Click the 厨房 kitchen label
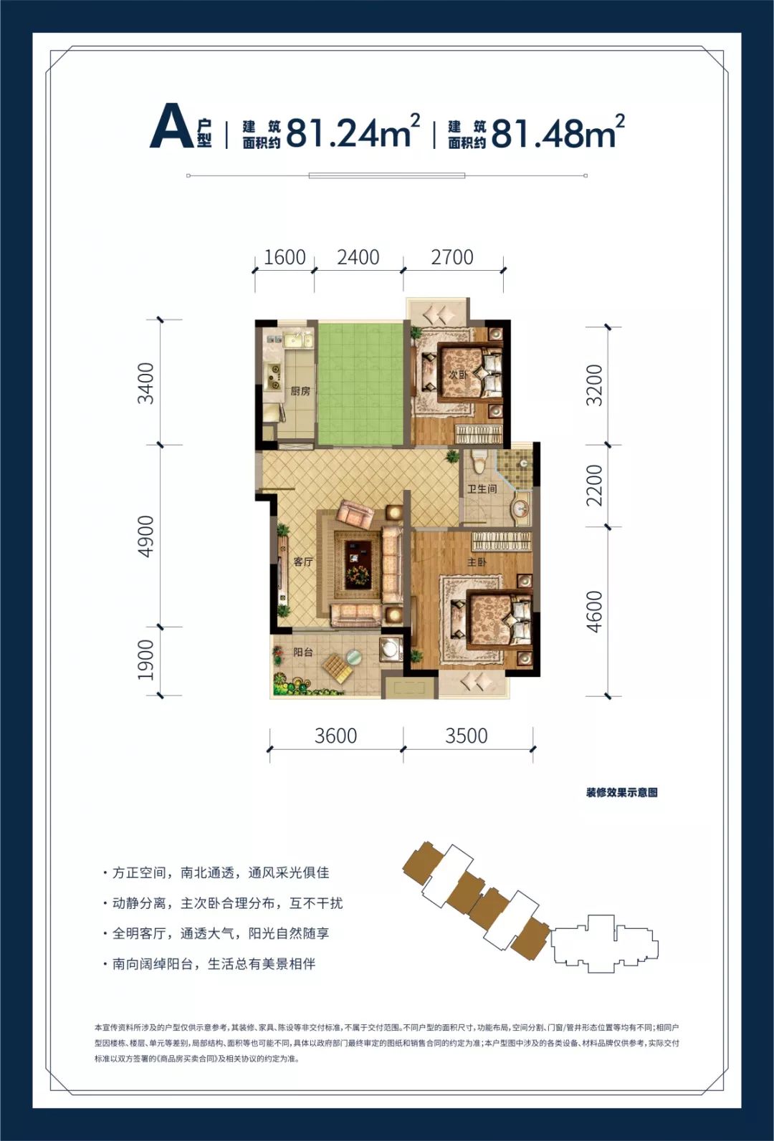coord(300,391)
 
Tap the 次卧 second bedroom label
coord(457,375)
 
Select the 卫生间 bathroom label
coord(482,489)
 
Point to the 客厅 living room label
coord(302,562)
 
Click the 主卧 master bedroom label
coord(477,562)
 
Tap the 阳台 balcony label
coord(302,652)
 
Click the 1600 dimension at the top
coord(285,257)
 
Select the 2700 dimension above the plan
coord(452,257)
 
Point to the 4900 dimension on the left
coord(145,536)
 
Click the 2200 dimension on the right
coord(594,485)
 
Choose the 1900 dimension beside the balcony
coord(145,660)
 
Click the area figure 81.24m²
coord(353,131)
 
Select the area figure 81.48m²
coord(558,131)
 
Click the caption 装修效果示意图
coord(621,793)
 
